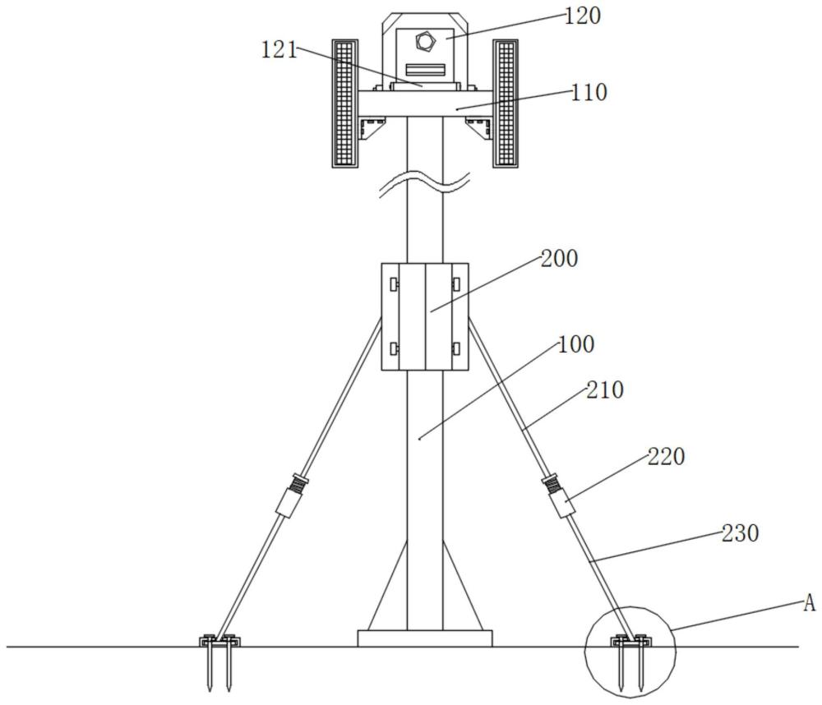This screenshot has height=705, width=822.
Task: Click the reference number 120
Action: point(584,16)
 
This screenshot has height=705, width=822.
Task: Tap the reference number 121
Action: point(279,50)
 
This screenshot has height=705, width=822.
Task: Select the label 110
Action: point(589,92)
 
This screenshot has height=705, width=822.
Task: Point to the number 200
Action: point(559,258)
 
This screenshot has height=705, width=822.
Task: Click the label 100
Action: point(576,344)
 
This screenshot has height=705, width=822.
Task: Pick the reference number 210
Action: point(605,390)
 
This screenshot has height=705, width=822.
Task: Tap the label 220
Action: point(666,456)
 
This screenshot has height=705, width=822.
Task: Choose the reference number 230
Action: point(740,533)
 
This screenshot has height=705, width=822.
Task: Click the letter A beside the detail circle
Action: point(809,605)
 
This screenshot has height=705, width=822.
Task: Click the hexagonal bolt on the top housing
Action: point(424,39)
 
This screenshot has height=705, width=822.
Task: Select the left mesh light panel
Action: point(344,103)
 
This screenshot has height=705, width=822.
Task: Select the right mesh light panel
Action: point(506,103)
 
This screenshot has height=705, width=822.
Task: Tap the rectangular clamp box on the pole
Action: point(425,316)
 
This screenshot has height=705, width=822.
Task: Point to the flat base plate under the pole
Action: point(425,638)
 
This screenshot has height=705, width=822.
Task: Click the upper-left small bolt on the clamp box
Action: point(395,284)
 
